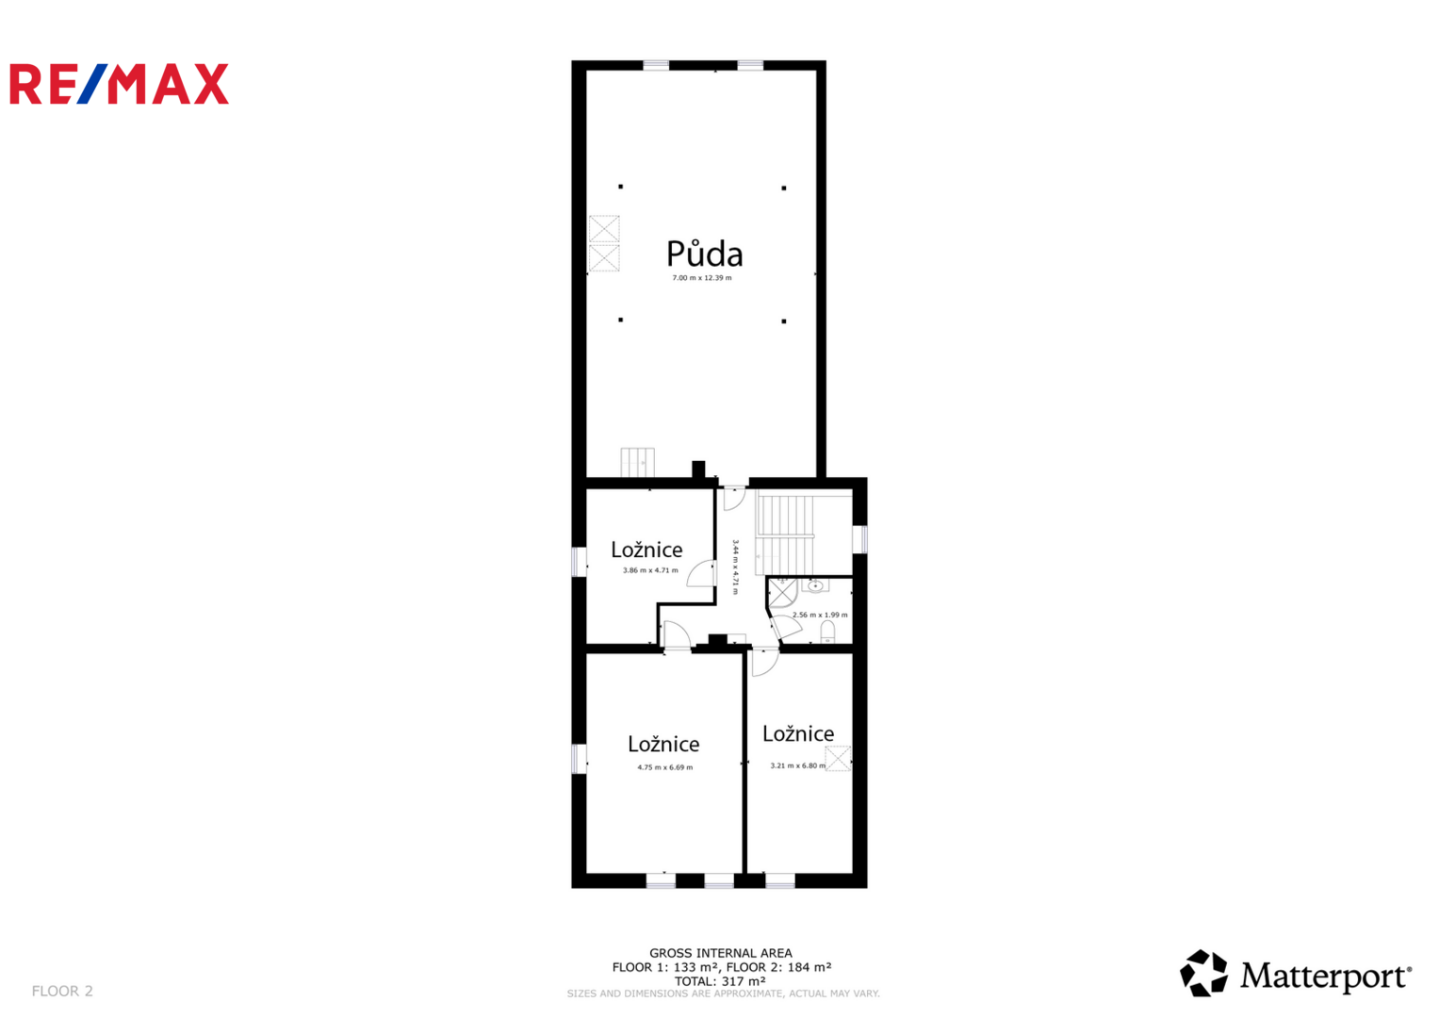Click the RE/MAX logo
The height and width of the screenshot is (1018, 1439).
(x=119, y=84)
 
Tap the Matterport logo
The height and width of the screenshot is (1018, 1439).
(x=1295, y=973)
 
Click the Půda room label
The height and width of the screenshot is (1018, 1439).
(x=705, y=253)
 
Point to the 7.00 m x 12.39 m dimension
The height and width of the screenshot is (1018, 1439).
(x=702, y=278)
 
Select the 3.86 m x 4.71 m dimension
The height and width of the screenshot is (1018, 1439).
(x=650, y=570)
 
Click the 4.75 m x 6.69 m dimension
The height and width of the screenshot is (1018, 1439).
(x=665, y=766)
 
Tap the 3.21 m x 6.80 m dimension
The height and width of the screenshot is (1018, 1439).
(x=798, y=765)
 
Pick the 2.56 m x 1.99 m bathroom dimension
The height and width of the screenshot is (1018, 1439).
(x=820, y=615)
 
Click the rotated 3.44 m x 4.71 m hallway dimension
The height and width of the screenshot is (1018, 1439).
(x=736, y=567)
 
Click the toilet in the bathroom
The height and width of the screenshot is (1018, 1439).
(x=828, y=632)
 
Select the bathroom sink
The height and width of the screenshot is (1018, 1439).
(x=814, y=585)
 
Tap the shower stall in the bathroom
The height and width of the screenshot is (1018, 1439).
(x=782, y=592)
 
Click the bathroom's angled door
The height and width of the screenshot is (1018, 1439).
(x=785, y=627)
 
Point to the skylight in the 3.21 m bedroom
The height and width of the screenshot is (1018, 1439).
(x=838, y=758)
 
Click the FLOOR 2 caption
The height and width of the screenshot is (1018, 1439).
(x=62, y=991)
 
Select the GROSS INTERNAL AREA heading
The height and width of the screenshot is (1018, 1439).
(x=721, y=953)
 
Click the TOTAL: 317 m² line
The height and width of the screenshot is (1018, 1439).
(x=720, y=981)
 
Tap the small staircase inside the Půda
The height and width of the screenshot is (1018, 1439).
(x=637, y=462)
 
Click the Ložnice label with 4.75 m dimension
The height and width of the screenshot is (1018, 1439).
(x=663, y=744)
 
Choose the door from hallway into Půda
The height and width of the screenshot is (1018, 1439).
(x=733, y=497)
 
